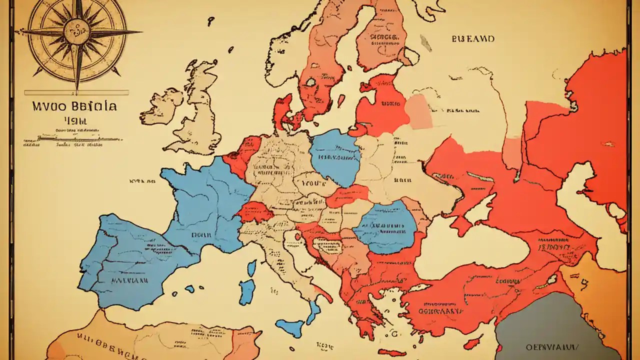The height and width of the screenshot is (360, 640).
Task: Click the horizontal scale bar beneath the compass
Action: click(76, 92)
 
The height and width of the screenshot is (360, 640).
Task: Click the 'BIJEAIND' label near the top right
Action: click(473, 38)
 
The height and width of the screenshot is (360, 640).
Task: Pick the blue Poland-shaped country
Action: click(335, 157)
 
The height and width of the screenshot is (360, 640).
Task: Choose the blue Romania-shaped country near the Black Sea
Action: click(386, 226)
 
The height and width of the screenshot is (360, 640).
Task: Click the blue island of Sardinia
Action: click(246, 291)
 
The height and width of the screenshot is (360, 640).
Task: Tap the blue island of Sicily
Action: click(289, 327)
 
